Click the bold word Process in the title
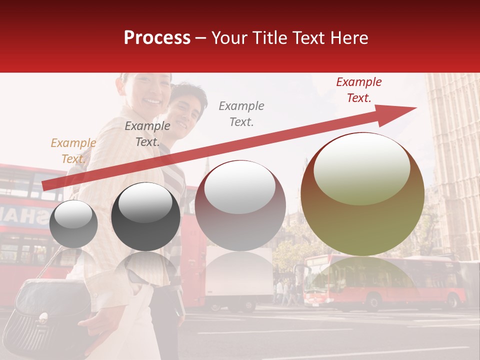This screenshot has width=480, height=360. pyautogui.click(x=157, y=38)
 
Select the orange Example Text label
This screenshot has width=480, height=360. pyautogui.click(x=73, y=151)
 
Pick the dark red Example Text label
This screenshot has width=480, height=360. pyautogui.click(x=358, y=90)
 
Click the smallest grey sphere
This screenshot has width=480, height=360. pyautogui.click(x=73, y=224)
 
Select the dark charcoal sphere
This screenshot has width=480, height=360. pyautogui.click(x=145, y=217)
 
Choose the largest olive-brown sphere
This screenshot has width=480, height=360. pyautogui.click(x=362, y=195)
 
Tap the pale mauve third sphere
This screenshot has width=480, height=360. pyautogui.click(x=240, y=206)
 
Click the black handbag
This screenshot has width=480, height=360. pyautogui.click(x=50, y=310)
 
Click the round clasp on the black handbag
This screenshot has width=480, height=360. pyautogui.click(x=43, y=316)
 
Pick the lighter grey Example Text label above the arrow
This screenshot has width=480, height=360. pyautogui.click(x=241, y=113)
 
